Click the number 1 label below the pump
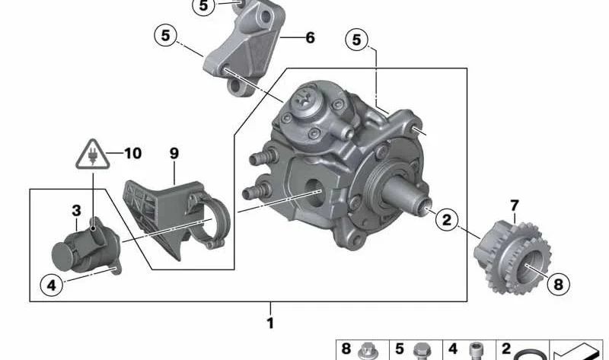269,323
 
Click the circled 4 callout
51,285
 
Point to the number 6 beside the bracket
310,37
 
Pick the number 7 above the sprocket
514,205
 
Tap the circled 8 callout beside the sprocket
558,285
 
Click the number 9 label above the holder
174,153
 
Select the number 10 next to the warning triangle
132,154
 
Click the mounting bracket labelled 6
244,53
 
